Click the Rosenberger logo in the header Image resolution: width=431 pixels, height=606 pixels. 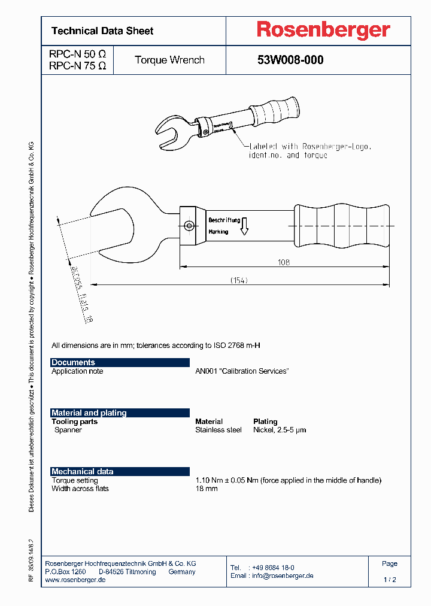click(323, 30)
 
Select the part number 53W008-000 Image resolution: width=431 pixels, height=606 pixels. click(290, 60)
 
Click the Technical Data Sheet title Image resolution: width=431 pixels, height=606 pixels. click(102, 31)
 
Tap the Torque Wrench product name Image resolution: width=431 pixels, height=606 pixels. click(169, 60)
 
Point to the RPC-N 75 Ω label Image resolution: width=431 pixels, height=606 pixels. click(77, 66)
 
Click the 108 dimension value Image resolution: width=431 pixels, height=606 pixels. click(284, 262)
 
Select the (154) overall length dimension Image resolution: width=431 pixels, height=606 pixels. click(239, 280)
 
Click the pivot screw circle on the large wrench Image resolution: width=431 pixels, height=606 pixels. click(189, 226)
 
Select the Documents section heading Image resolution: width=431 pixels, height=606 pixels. click(73, 362)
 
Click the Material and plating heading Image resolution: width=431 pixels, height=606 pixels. click(89, 413)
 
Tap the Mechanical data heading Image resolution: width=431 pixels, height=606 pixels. click(82, 471)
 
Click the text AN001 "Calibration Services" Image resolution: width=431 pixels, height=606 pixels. click(242, 371)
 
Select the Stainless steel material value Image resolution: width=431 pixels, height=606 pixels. click(218, 430)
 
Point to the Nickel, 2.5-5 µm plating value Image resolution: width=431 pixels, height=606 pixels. click(280, 430)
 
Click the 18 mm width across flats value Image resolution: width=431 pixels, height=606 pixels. click(207, 489)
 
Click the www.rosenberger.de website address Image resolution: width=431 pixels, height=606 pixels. click(75, 580)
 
